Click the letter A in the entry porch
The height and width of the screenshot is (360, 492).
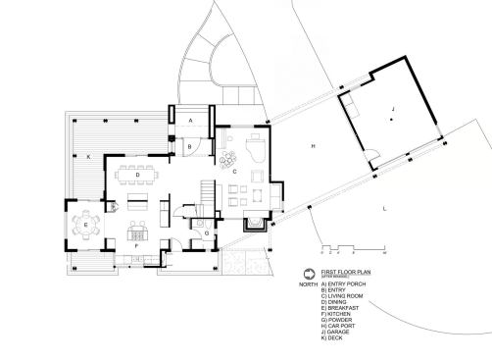[x=190, y=120]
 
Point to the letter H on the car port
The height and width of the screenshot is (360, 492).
[x=313, y=146]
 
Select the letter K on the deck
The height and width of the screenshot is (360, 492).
[x=88, y=156]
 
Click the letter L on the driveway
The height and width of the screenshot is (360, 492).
[x=384, y=209]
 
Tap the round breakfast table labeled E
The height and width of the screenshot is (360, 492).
[x=86, y=226]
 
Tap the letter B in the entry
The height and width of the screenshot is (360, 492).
[x=191, y=146]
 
